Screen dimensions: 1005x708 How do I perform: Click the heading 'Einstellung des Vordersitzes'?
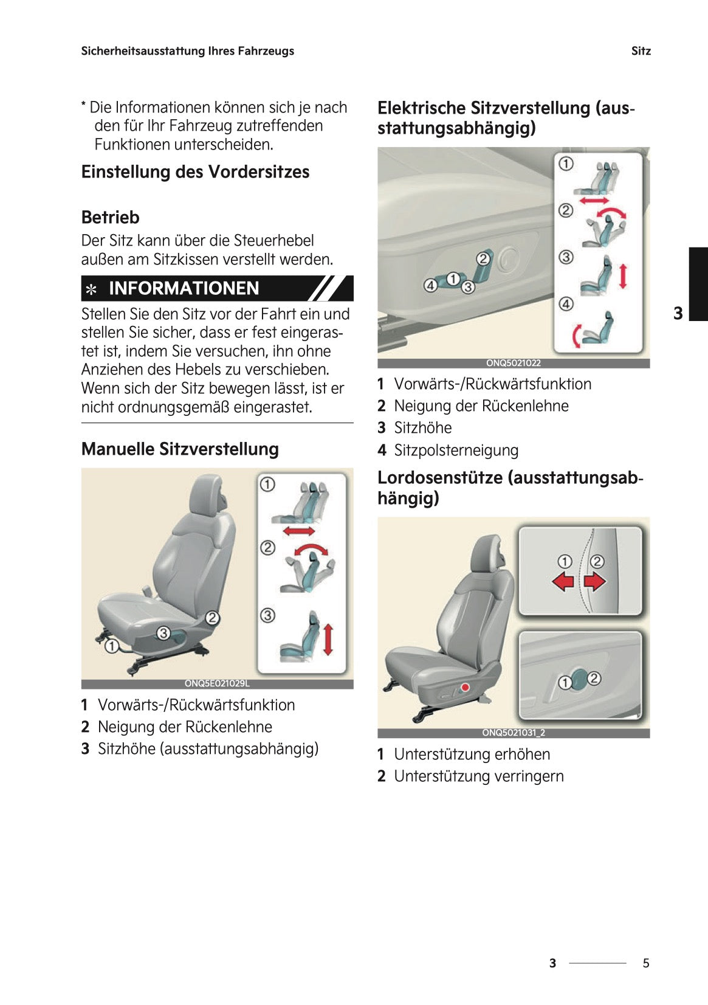pyautogui.click(x=195, y=172)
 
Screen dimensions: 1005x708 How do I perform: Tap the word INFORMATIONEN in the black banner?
pyautogui.click(x=184, y=288)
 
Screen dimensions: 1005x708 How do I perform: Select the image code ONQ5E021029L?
pyautogui.click(x=217, y=683)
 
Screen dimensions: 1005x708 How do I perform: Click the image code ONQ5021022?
pyautogui.click(x=513, y=363)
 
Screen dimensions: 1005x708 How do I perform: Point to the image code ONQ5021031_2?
pyautogui.click(x=513, y=733)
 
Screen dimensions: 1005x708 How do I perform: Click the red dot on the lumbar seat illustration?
pyautogui.click(x=466, y=687)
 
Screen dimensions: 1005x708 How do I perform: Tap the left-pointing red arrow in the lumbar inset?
pyautogui.click(x=563, y=581)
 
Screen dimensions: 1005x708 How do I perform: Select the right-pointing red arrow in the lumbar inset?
pyautogui.click(x=595, y=581)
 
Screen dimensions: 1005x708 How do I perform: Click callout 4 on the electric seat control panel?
pyautogui.click(x=430, y=285)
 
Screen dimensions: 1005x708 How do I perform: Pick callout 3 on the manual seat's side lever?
pyautogui.click(x=163, y=633)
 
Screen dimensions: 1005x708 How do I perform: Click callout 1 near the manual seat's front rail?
pyautogui.click(x=112, y=646)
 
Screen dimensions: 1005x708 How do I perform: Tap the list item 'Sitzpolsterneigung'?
pyautogui.click(x=456, y=451)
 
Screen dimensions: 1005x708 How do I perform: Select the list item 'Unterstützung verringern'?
pyautogui.click(x=478, y=776)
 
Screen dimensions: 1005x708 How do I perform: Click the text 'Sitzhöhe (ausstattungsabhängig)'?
pyautogui.click(x=208, y=749)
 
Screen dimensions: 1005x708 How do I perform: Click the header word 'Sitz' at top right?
pyautogui.click(x=641, y=51)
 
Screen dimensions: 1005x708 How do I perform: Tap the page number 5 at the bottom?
pyautogui.click(x=646, y=963)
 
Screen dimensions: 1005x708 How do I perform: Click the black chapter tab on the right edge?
pyautogui.click(x=698, y=283)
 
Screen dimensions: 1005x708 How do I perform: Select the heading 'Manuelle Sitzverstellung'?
pyautogui.click(x=180, y=449)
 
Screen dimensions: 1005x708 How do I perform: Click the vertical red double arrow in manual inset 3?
pyautogui.click(x=328, y=639)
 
